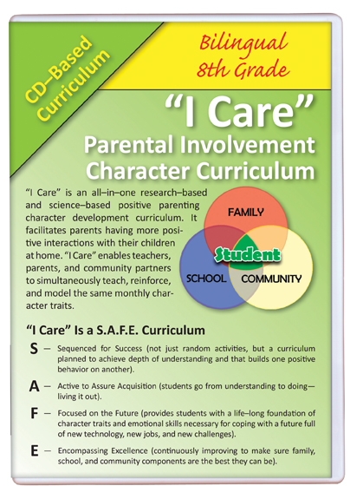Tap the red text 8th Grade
[243, 69]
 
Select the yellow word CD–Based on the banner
[59, 69]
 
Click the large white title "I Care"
[239, 111]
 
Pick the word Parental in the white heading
[129, 145]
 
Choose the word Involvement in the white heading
[248, 145]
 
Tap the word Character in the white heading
[138, 171]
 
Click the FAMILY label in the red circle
[246, 212]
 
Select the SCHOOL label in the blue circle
[206, 279]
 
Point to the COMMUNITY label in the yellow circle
[271, 279]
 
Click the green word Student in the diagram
[248, 255]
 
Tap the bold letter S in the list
[34, 349]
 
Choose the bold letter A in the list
[34, 386]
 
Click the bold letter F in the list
[34, 413]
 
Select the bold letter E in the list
[35, 451]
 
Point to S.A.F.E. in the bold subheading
[117, 331]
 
